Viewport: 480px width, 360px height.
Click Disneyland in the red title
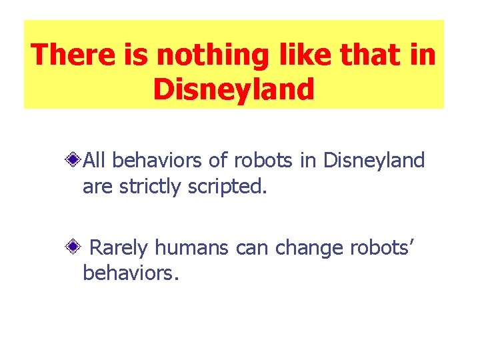pos(233,89)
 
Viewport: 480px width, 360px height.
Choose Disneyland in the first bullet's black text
pos(373,161)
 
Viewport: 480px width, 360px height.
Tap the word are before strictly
pos(98,187)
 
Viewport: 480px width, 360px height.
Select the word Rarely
pos(119,248)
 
